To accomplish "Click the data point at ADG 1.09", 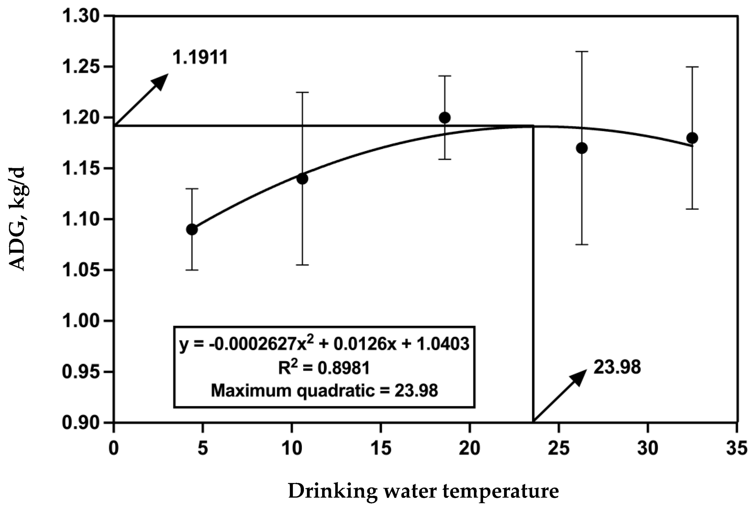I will click(x=192, y=229).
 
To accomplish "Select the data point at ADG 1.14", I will click(x=302, y=178).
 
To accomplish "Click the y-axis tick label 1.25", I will click(x=81, y=67).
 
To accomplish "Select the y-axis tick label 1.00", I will click(x=81, y=321).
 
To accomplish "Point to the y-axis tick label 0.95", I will click(x=81, y=372).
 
